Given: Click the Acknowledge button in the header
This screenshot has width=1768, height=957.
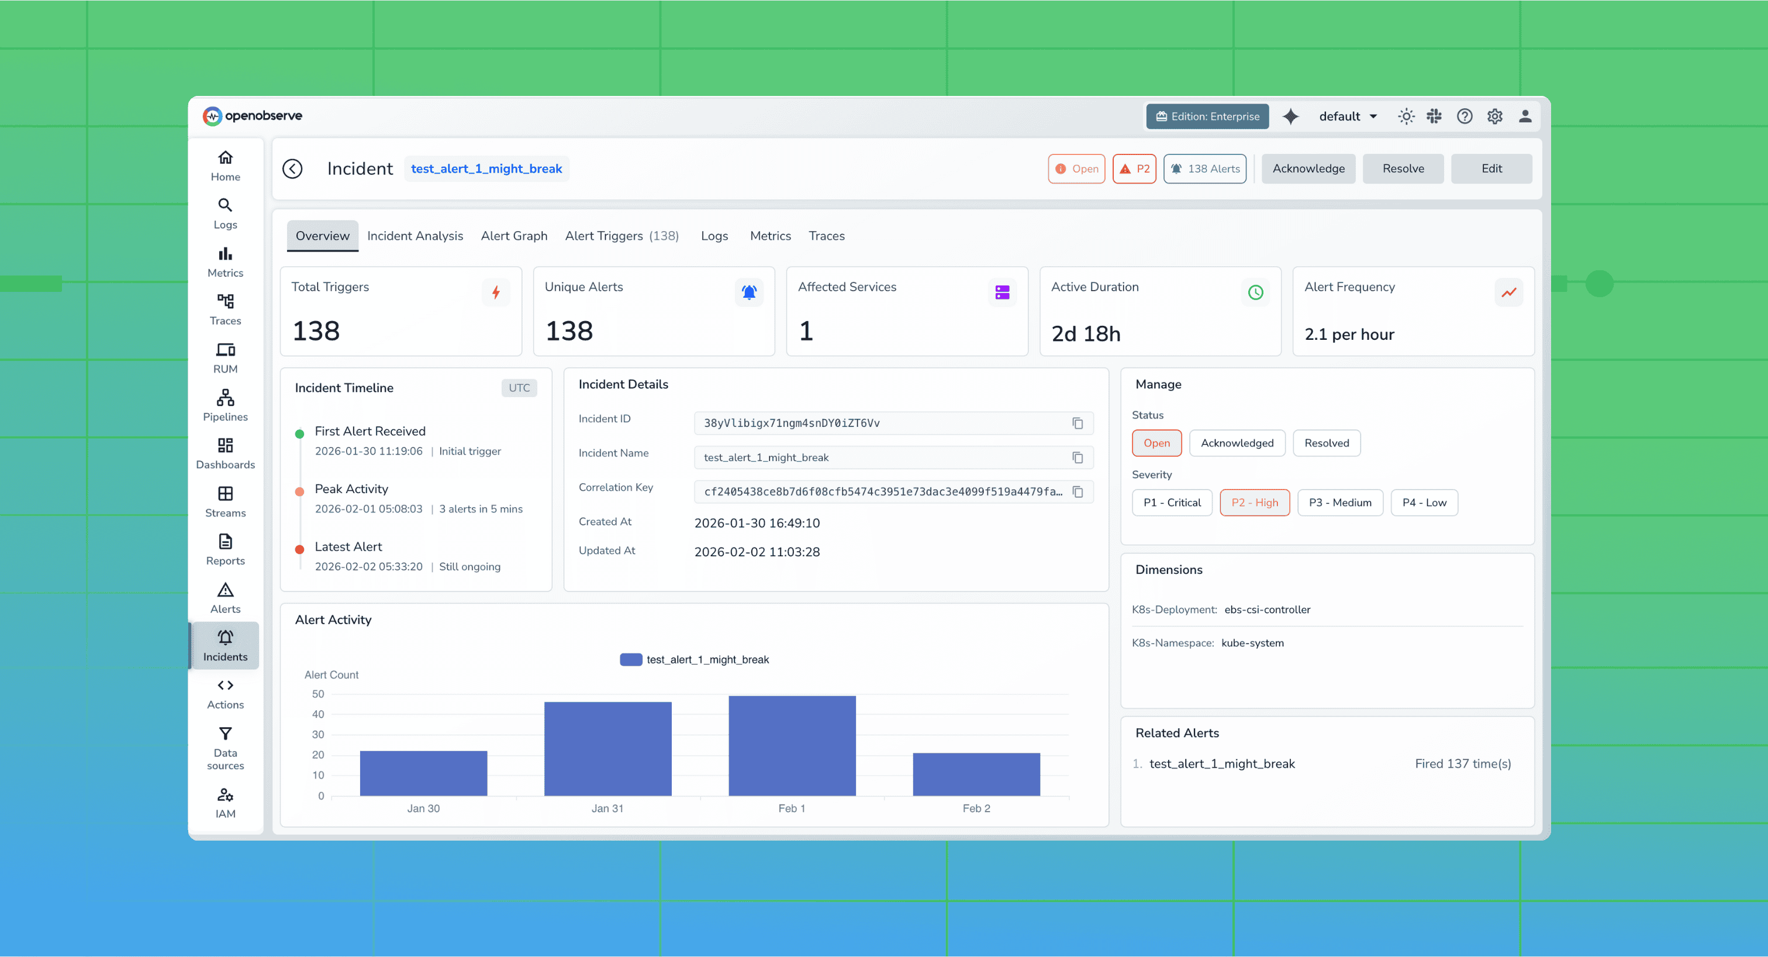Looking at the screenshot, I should coord(1307,169).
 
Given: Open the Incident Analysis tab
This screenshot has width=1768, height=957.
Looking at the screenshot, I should coord(415,236).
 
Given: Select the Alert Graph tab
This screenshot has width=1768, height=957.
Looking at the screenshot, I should coord(513,236).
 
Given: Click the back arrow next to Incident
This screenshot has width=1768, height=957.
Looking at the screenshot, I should coord(292,169).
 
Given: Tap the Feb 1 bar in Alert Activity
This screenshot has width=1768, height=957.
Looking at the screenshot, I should coord(792,746).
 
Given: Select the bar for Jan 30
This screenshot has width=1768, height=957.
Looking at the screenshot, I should coord(423,774).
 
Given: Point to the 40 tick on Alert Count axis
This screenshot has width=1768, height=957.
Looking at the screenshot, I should coord(318,715).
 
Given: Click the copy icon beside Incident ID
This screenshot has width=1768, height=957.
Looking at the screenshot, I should coord(1078,424).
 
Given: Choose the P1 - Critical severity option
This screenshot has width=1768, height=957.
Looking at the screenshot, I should coord(1171,502).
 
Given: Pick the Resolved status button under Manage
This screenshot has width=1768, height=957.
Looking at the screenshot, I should coord(1326,443).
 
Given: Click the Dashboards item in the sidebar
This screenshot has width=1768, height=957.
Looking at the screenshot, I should coord(225,454).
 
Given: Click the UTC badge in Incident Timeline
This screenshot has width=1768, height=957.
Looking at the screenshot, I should coord(519,388).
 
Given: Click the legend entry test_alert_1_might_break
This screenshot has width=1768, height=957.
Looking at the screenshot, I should coord(694,660).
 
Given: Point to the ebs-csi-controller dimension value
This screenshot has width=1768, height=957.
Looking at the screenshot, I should coord(1267,610).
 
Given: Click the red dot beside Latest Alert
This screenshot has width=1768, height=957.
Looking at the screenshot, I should coord(299,549).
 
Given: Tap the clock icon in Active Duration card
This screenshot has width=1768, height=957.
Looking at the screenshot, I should coord(1255,293).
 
